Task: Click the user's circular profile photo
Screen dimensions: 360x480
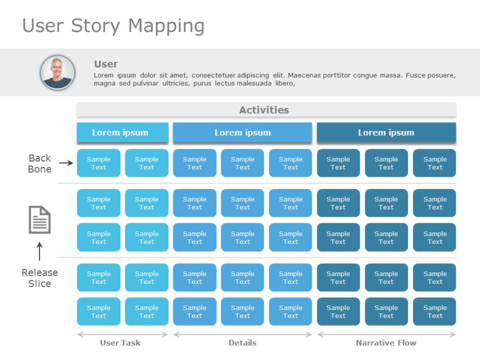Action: [57, 72]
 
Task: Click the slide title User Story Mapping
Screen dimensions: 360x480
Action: [113, 26]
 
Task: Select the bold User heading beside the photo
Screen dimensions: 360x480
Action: [106, 64]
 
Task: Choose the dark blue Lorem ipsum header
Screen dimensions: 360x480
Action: [386, 133]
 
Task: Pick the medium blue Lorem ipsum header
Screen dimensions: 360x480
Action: [242, 133]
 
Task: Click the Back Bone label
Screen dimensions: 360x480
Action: [39, 163]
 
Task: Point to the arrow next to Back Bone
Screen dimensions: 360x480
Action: [66, 163]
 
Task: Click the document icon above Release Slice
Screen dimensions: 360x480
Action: [40, 219]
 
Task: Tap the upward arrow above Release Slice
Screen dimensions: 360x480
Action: [39, 251]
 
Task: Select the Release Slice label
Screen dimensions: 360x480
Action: [39, 278]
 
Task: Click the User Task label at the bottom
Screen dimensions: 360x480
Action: [120, 343]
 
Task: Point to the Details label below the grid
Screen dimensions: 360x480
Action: [243, 343]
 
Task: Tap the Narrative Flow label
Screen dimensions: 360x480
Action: [386, 343]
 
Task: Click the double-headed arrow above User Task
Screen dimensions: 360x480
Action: [122, 334]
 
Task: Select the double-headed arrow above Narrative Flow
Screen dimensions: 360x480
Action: [386, 334]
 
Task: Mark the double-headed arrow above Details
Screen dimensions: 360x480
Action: [242, 334]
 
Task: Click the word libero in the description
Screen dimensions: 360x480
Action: [284, 84]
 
